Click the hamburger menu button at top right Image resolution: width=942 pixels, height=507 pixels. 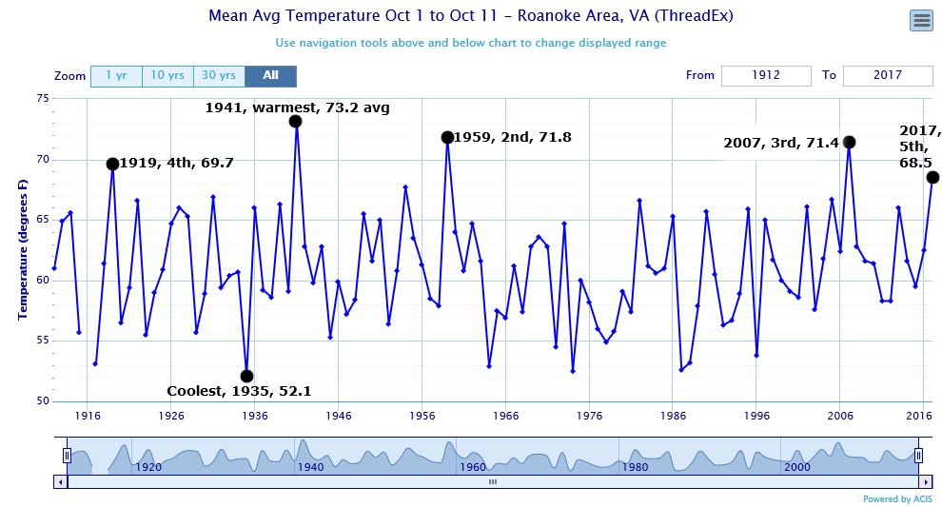click(920, 20)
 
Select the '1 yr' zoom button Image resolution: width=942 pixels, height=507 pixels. click(116, 76)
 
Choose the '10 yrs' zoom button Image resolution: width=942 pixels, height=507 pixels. click(167, 76)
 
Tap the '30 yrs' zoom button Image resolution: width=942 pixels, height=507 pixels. click(219, 76)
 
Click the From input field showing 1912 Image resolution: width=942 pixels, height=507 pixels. click(766, 76)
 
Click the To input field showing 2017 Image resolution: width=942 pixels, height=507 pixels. click(887, 76)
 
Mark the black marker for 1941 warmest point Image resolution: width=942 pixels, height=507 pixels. click(296, 122)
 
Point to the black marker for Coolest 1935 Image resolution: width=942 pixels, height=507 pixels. click(246, 376)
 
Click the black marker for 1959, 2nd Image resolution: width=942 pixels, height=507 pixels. click(447, 138)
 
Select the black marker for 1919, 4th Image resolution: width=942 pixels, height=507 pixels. click(112, 164)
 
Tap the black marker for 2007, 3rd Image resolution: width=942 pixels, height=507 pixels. click(850, 142)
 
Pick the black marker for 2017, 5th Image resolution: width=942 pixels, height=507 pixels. click(932, 178)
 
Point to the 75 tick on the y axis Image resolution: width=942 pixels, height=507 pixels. click(43, 98)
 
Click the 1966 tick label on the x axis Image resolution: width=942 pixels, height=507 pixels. click(506, 416)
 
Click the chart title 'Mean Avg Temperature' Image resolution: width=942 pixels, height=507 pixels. click(470, 17)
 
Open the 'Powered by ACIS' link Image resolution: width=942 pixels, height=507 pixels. click(897, 499)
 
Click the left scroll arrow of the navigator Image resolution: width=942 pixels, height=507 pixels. click(61, 482)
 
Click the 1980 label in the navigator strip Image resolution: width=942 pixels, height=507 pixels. click(635, 467)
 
